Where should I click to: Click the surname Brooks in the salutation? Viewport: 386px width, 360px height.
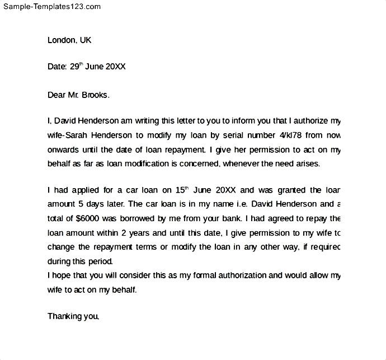(x=95, y=95)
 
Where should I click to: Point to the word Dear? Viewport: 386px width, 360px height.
(x=57, y=95)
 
